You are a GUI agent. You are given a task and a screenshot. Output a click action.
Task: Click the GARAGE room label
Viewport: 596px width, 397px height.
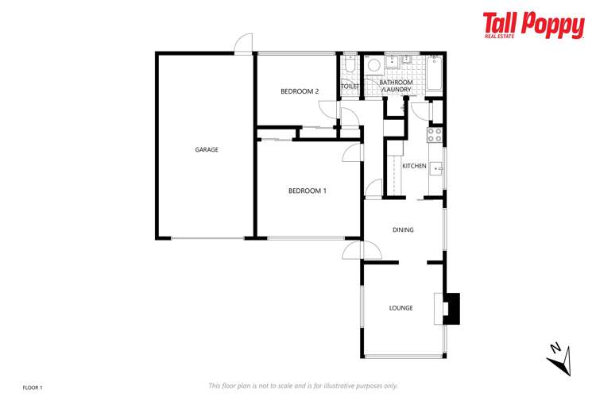tap(207, 149)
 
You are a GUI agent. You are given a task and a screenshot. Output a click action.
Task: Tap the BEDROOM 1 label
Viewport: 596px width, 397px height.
tap(307, 191)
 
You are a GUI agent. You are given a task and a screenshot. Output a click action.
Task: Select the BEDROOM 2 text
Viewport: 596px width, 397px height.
tap(300, 91)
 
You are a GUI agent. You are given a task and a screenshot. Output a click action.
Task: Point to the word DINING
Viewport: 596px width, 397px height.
tap(403, 230)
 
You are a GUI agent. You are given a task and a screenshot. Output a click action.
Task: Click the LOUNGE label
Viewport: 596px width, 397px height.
tap(401, 308)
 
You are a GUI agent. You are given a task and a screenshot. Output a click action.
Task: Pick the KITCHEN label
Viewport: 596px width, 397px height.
tap(414, 166)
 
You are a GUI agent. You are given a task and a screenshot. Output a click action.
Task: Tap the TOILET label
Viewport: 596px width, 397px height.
tap(350, 86)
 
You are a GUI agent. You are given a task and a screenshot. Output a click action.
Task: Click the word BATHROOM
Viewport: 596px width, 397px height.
tap(395, 83)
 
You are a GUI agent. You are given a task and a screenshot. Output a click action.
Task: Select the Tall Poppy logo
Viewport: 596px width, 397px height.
tap(533, 25)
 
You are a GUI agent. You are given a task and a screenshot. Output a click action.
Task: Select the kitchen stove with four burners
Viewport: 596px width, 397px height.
tap(435, 135)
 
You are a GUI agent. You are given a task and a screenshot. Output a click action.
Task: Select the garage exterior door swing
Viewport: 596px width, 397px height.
tap(244, 43)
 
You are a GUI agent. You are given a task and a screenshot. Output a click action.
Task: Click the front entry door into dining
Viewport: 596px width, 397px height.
tap(351, 251)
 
